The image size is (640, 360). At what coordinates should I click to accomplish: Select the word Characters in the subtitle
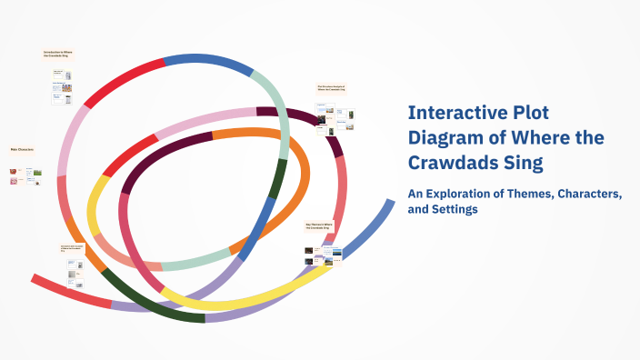click(590, 194)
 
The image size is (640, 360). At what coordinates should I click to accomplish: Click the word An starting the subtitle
click(415, 194)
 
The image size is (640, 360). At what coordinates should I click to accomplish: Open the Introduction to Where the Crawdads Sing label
click(58, 54)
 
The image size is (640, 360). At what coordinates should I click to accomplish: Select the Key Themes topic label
click(319, 225)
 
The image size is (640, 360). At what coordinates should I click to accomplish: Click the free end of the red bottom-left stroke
click(33, 277)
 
